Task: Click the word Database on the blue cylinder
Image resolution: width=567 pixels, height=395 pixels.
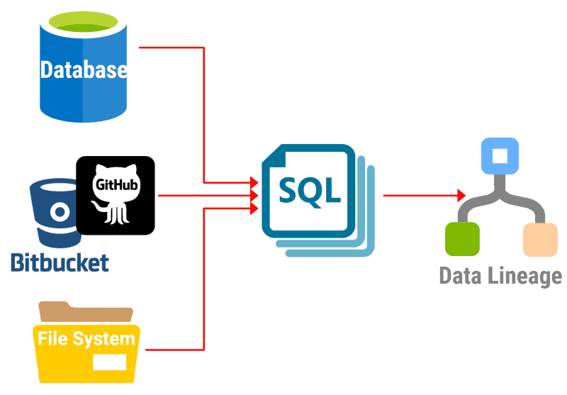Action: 84,70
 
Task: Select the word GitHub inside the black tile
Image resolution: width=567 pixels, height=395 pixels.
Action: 116,184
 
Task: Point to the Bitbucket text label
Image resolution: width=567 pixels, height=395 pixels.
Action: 60,262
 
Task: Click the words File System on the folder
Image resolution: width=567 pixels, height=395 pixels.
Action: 86,338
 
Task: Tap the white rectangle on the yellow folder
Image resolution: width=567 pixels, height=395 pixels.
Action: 109,362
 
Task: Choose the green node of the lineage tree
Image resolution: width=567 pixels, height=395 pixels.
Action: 462,238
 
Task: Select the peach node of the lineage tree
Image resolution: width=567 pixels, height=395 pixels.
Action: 540,239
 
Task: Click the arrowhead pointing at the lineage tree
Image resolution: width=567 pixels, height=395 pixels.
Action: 461,195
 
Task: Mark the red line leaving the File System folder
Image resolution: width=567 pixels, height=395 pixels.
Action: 174,350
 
